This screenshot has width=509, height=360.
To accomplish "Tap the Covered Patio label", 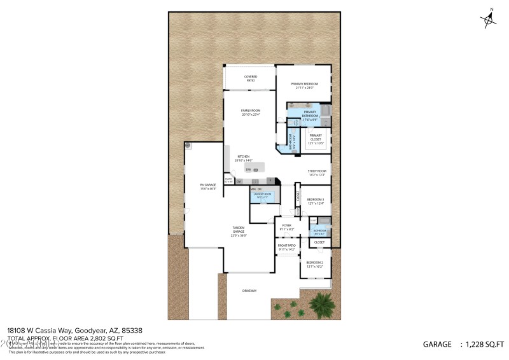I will tap(251, 78).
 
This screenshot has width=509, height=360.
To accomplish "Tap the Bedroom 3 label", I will tap(316, 201).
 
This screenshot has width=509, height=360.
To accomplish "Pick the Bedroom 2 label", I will tap(314, 264).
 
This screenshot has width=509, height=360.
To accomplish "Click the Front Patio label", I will tap(287, 247).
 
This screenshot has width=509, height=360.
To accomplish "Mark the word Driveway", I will tap(249, 291).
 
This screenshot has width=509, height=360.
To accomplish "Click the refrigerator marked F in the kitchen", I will tap(270, 181).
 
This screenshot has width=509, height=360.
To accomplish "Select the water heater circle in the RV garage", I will tap(188, 146).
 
